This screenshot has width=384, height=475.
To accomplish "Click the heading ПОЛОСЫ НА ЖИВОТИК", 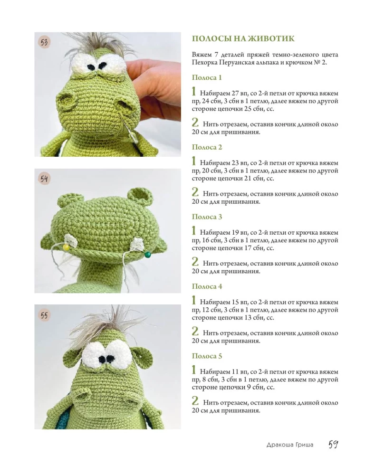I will point(243,39).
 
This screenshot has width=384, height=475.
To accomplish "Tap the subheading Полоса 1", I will point(207,77).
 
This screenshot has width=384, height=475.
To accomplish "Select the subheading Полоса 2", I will point(207,147).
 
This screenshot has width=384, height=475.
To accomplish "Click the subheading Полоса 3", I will point(207,217).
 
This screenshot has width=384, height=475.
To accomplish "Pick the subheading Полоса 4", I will point(207,286).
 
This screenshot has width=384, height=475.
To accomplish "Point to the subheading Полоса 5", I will point(207,356).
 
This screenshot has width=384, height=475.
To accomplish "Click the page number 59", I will point(333,445).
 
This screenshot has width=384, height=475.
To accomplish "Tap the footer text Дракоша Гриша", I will point(290,445).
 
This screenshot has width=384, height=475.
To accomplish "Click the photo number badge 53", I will point(44,42).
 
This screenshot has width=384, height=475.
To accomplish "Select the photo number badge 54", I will point(44,179).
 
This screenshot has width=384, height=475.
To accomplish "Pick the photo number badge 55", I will point(44,315).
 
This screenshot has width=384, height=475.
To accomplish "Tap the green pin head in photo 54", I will point(148,255).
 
